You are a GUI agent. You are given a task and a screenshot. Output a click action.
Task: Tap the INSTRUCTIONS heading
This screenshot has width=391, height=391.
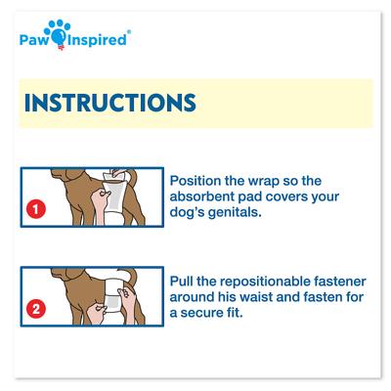coord(108,103)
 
